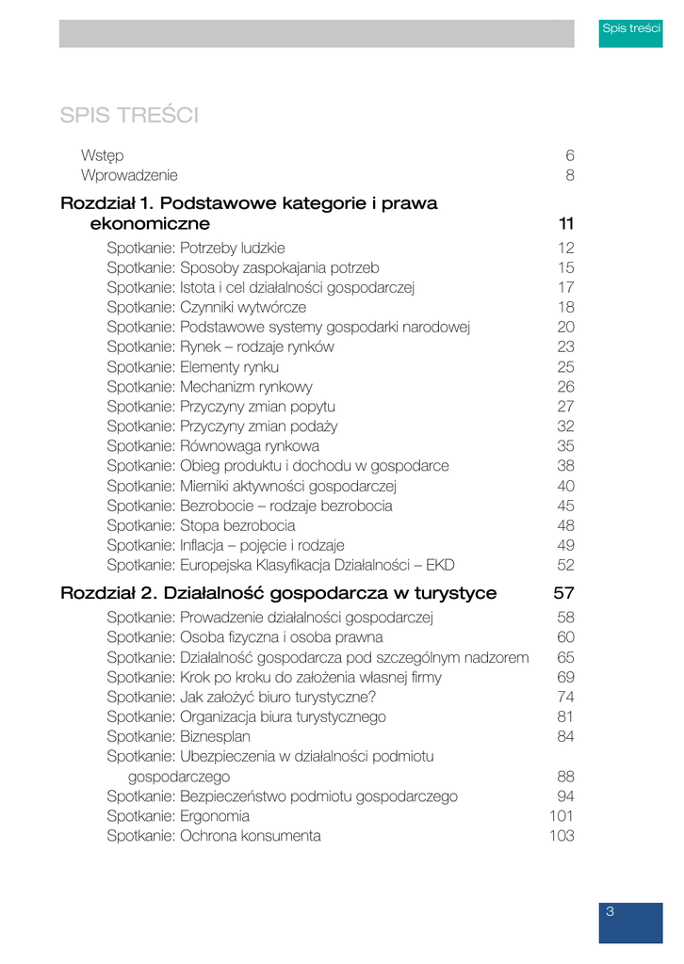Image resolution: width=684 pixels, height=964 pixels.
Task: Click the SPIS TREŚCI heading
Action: point(128,116)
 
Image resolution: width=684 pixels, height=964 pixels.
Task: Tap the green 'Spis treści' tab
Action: point(632,28)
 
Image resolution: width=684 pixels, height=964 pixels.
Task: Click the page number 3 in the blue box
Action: point(611,911)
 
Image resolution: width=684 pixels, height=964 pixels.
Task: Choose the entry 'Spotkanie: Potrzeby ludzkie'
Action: point(195,249)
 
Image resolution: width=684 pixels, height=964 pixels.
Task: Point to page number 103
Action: point(562,835)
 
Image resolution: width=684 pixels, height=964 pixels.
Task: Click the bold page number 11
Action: point(565,224)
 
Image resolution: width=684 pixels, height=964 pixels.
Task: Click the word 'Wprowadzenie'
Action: point(129,174)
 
